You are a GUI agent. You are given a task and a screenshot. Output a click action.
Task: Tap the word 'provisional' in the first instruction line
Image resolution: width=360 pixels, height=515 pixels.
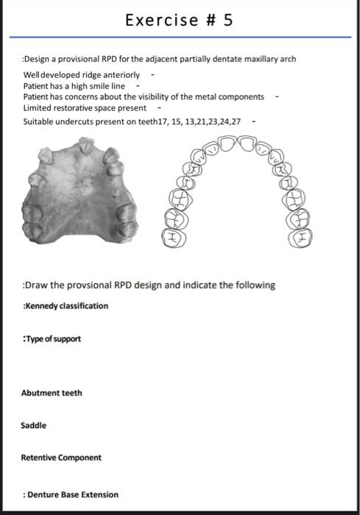85,59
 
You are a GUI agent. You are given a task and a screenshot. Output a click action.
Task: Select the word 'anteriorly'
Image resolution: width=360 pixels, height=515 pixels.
121,76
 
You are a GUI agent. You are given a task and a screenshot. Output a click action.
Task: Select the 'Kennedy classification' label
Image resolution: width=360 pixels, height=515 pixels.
66,305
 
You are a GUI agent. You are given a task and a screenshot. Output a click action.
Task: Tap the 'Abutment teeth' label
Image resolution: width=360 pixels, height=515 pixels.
52,393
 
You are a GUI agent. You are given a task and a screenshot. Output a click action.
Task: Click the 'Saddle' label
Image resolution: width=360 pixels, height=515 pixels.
34,425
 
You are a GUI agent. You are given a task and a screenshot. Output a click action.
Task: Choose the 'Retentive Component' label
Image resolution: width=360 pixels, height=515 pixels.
61,458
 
